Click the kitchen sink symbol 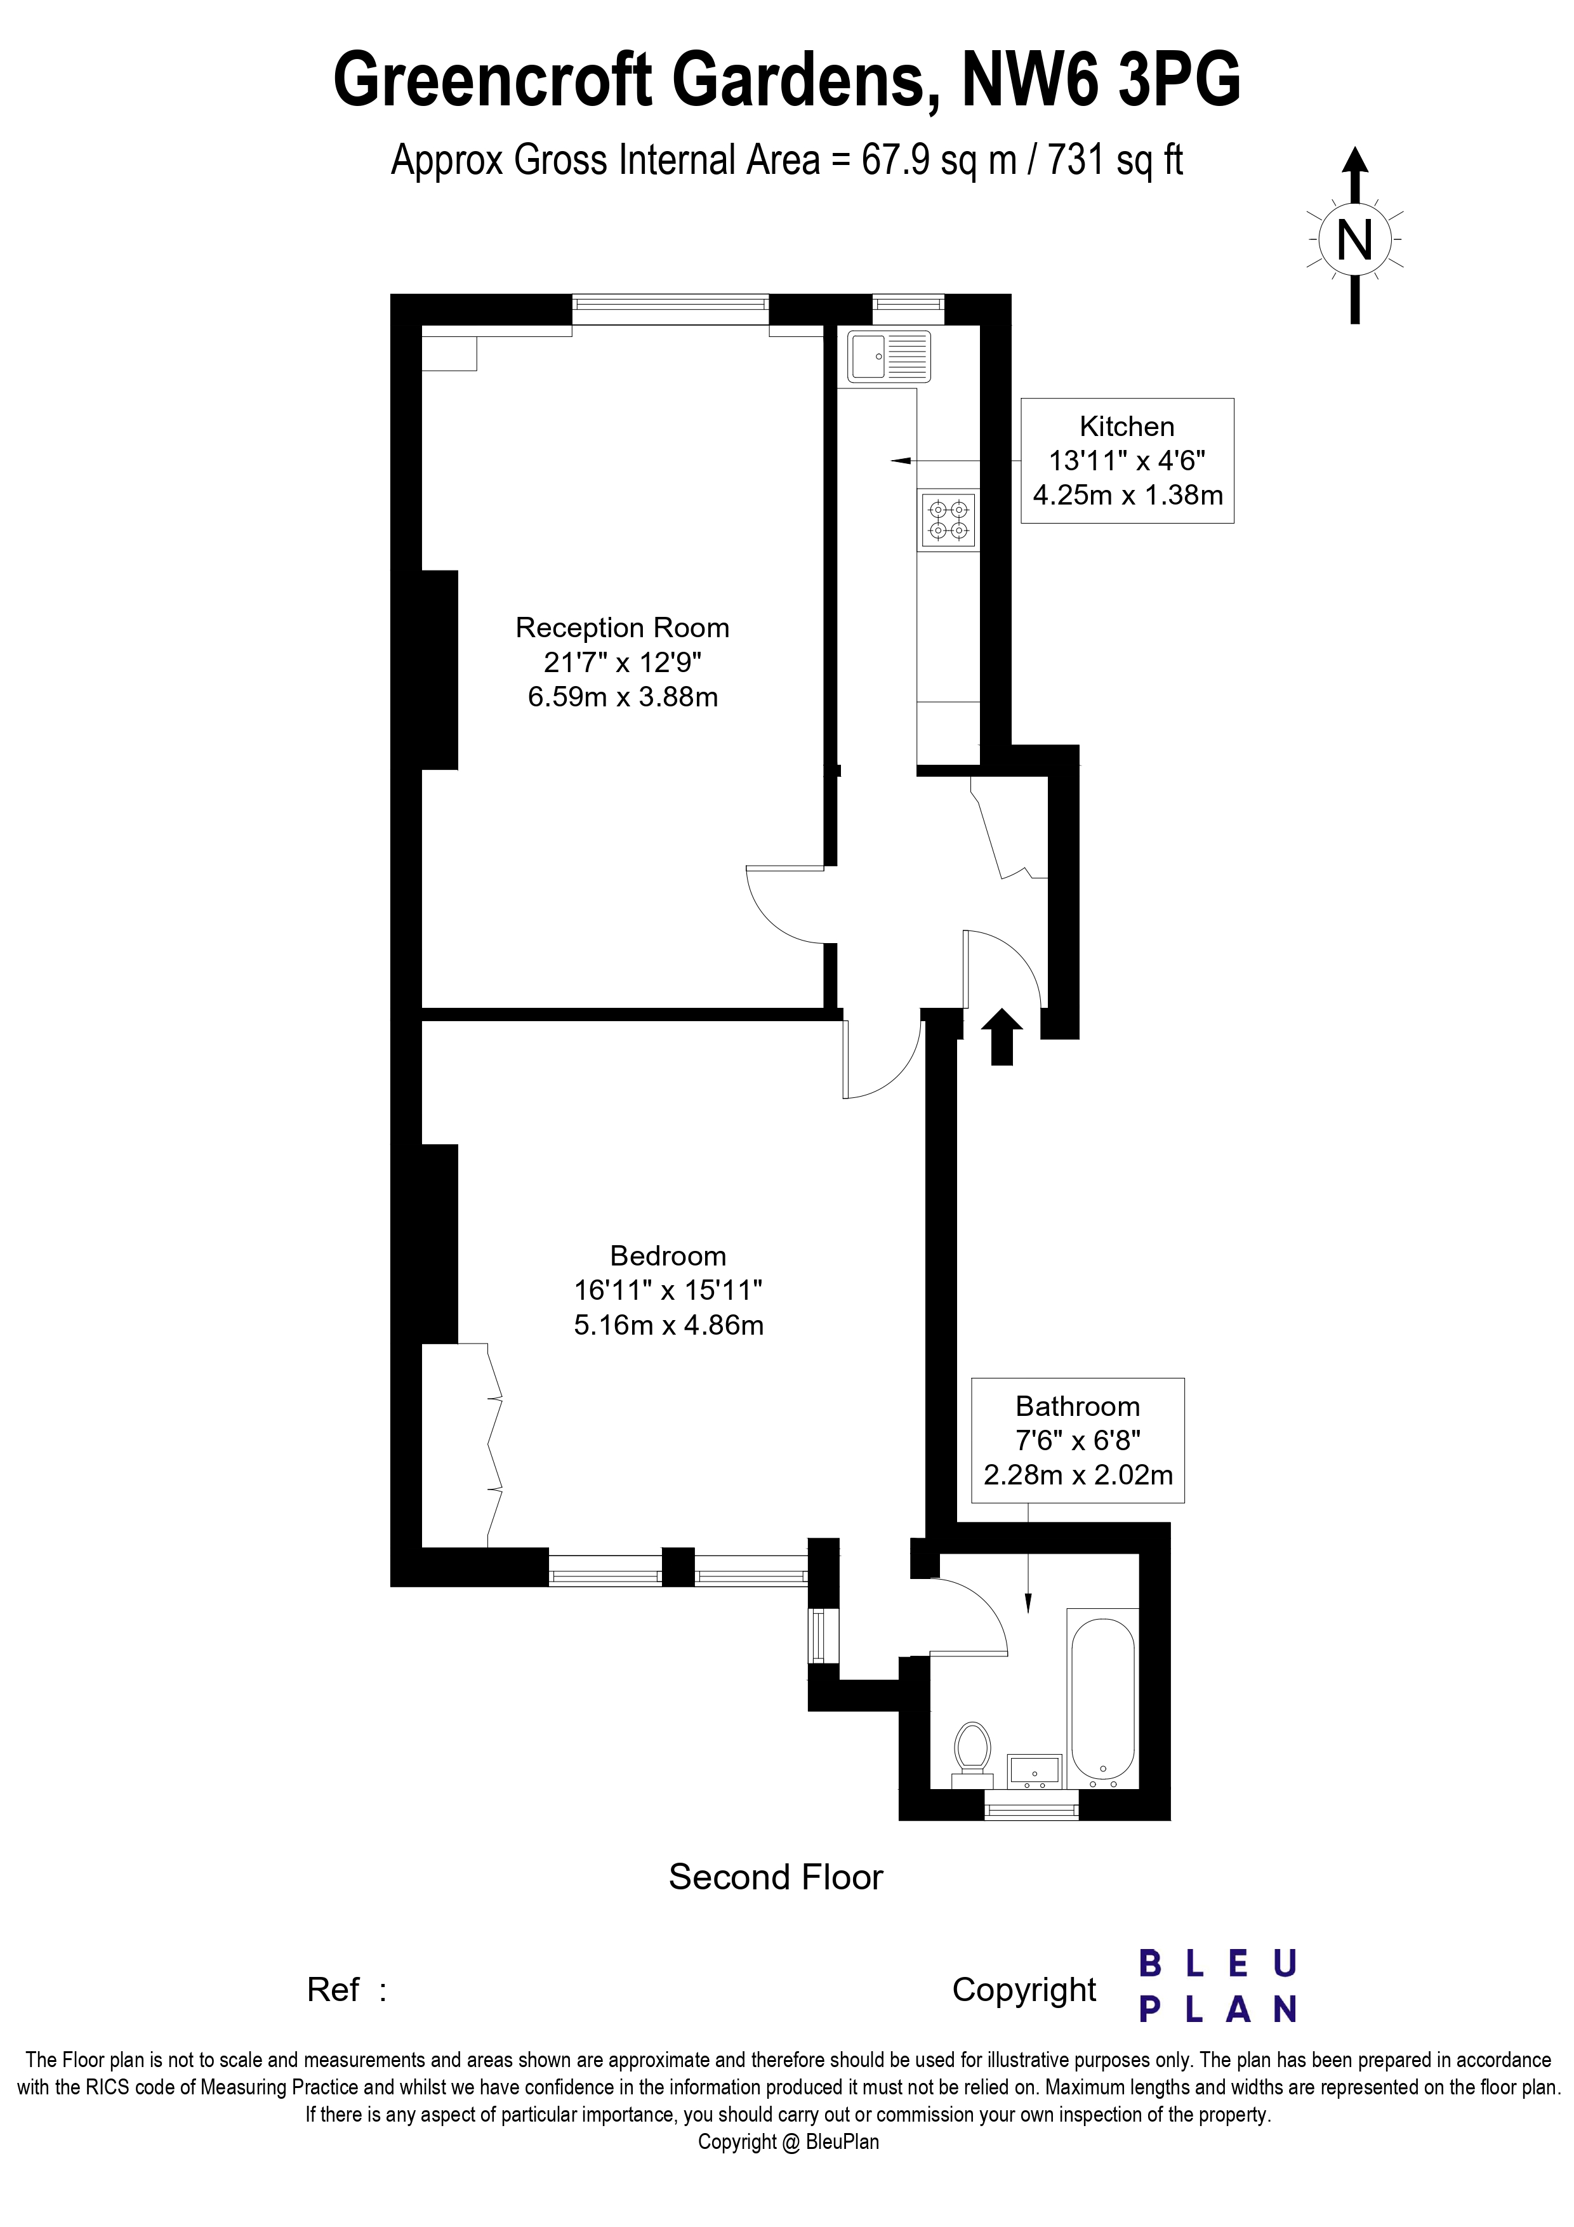point(889,356)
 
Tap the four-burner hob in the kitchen point(948,520)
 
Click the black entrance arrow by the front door point(1002,1036)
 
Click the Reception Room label point(621,628)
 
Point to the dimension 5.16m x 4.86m point(668,1325)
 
